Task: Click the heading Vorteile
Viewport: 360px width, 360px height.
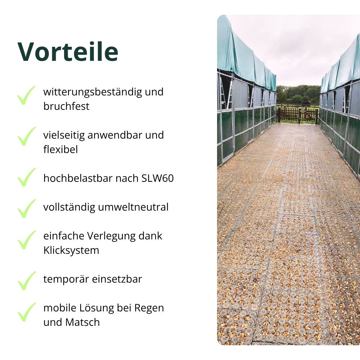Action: point(68,51)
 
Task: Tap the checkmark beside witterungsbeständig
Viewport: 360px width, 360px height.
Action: point(26,95)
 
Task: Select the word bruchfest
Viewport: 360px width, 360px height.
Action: point(66,106)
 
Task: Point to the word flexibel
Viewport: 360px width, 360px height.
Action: point(60,149)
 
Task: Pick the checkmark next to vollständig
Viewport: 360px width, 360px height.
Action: point(26,208)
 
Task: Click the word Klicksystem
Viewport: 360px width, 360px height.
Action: point(71,250)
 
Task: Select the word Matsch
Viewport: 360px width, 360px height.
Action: point(83,322)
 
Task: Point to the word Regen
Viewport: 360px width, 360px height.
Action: point(149,308)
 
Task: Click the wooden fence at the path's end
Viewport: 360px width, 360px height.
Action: point(297,115)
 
